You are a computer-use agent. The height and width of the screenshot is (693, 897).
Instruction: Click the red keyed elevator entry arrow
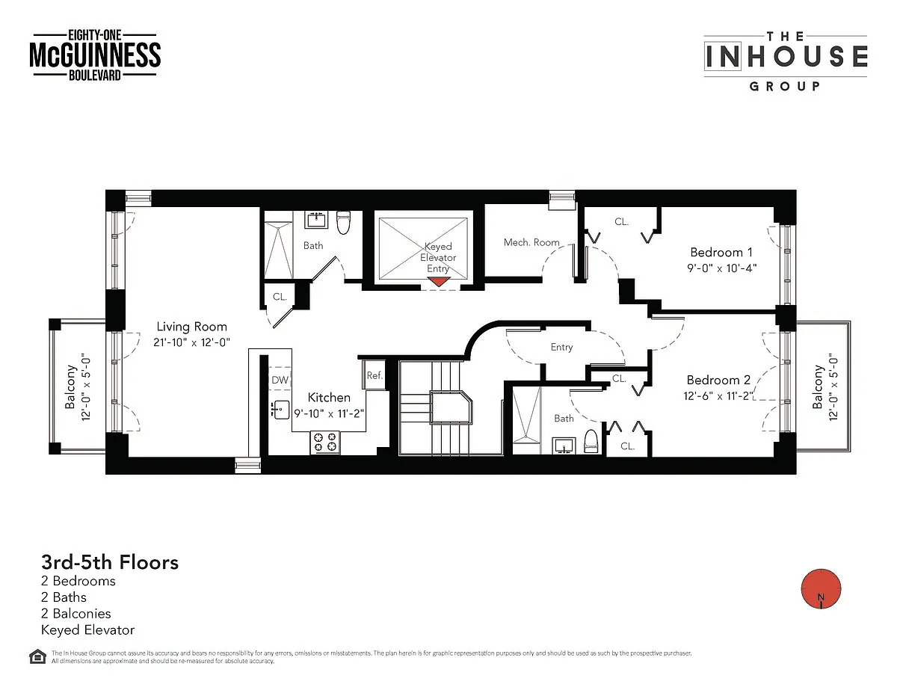click(x=438, y=282)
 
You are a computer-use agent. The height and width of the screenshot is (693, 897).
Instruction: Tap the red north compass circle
click(x=821, y=588)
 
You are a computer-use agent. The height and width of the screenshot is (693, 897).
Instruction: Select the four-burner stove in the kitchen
click(x=325, y=443)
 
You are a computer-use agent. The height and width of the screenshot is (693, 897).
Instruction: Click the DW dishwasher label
click(x=280, y=380)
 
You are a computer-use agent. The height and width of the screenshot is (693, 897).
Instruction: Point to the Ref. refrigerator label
click(x=374, y=375)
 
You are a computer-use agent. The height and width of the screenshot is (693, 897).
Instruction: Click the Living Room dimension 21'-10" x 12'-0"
click(x=191, y=342)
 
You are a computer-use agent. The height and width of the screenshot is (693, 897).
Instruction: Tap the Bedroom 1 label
click(x=721, y=252)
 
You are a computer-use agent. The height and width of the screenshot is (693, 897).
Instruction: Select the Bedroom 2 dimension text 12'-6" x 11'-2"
click(x=718, y=395)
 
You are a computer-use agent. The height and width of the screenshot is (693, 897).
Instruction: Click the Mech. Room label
click(x=531, y=242)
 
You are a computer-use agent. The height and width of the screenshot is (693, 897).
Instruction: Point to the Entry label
click(x=561, y=347)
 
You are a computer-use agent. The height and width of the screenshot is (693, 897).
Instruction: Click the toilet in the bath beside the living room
click(x=343, y=222)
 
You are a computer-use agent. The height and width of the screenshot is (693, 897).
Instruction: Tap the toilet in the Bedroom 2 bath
click(x=591, y=441)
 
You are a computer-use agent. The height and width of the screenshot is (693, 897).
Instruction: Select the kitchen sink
click(x=280, y=410)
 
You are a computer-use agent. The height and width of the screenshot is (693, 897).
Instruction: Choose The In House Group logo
click(x=786, y=61)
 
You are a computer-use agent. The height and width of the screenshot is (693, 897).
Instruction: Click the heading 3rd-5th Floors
click(x=110, y=562)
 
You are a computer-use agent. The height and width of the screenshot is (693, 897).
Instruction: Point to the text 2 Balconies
click(x=76, y=613)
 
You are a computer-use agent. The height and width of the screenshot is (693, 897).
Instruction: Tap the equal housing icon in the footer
click(x=37, y=656)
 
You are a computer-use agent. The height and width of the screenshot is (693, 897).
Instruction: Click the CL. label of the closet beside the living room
click(x=280, y=297)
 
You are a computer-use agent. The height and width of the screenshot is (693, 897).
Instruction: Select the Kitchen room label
click(x=329, y=398)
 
